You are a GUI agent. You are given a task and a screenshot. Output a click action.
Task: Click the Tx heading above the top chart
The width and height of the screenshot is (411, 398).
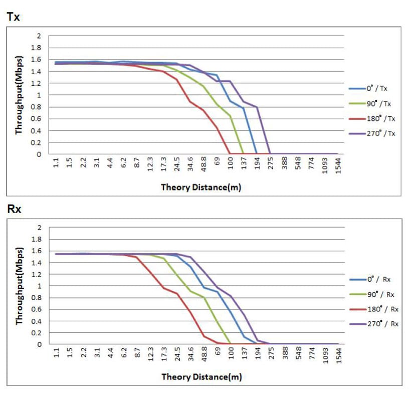point(14,17)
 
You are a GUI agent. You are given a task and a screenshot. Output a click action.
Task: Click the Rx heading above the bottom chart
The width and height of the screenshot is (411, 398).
point(14,208)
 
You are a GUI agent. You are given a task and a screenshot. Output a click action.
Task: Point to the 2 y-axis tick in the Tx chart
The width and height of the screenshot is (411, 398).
point(38,36)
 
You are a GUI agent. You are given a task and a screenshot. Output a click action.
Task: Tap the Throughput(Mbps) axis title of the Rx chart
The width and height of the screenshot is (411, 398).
point(19,286)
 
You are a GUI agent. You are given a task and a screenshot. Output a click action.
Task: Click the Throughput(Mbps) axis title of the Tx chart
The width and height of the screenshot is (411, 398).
point(19,95)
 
